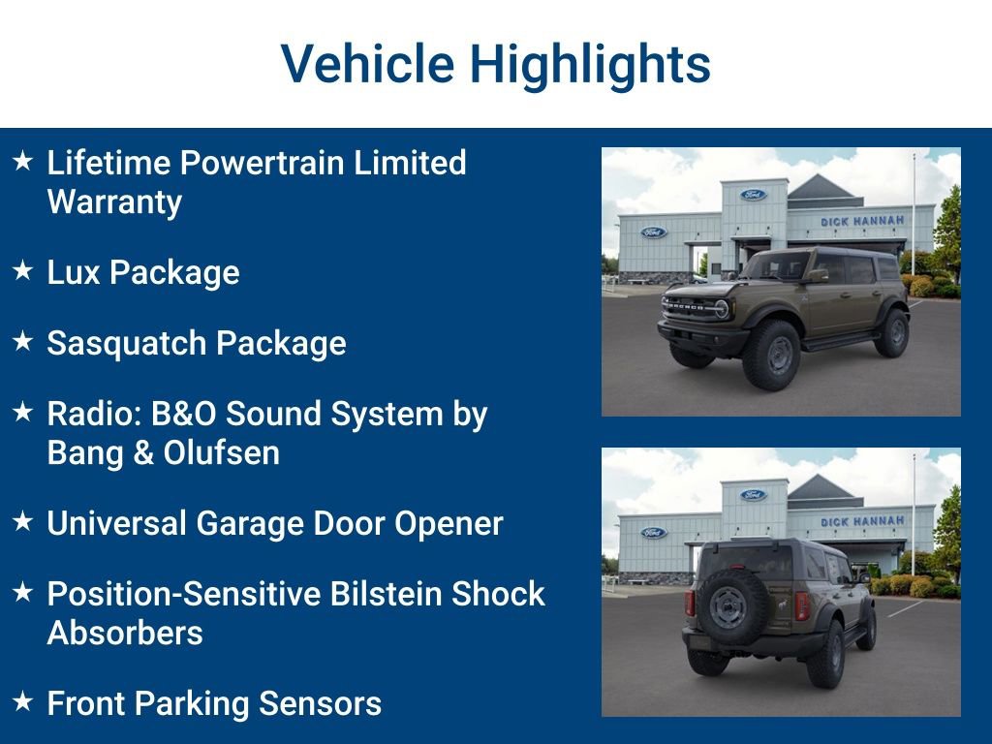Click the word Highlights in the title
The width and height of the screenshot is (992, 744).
pyautogui.click(x=590, y=65)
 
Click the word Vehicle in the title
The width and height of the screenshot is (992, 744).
pyautogui.click(x=367, y=65)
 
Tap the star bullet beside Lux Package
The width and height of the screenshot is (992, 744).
pyautogui.click(x=23, y=271)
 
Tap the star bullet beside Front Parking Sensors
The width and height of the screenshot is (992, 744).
pyautogui.click(x=23, y=701)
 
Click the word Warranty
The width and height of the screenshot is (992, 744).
pyautogui.click(x=114, y=201)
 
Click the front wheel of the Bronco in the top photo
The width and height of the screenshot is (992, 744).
pyautogui.click(x=771, y=355)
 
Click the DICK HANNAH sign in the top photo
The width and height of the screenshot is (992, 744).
pyautogui.click(x=862, y=221)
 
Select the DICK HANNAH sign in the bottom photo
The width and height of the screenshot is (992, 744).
pyautogui.click(x=862, y=521)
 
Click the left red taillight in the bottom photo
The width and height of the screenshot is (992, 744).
pyautogui.click(x=690, y=604)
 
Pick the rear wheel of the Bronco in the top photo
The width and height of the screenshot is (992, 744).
pyautogui.click(x=892, y=332)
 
